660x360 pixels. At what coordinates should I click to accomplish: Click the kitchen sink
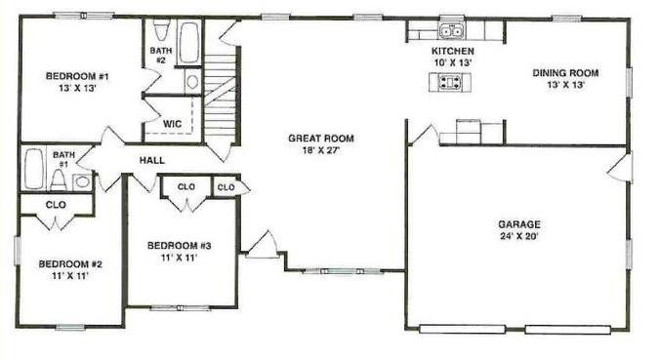tap(451, 30)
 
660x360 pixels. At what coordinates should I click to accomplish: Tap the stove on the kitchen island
tap(449, 82)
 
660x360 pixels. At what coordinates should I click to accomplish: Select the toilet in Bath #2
tap(160, 30)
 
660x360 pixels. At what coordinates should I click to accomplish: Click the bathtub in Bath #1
tap(33, 169)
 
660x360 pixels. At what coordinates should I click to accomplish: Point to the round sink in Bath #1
tap(82, 182)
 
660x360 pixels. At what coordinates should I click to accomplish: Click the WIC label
tap(172, 124)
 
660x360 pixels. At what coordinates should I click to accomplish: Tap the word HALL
tap(152, 160)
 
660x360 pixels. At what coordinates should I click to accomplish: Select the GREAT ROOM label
tap(321, 139)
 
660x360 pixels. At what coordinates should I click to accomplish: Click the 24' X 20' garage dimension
tap(519, 236)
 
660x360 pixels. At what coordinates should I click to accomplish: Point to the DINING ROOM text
tap(565, 73)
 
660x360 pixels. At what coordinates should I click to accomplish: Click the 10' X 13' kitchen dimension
tap(452, 62)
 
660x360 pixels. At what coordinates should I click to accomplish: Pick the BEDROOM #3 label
tap(179, 246)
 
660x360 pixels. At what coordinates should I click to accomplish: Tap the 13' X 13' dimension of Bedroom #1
tap(78, 89)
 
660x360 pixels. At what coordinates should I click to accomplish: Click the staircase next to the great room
tap(220, 96)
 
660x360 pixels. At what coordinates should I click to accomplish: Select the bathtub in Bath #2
tap(189, 43)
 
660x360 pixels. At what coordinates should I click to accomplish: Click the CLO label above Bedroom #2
tap(56, 205)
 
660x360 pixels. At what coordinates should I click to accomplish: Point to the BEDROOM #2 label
tap(70, 264)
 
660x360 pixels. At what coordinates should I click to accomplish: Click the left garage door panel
tap(462, 329)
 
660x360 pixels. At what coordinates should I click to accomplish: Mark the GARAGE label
tap(519, 224)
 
